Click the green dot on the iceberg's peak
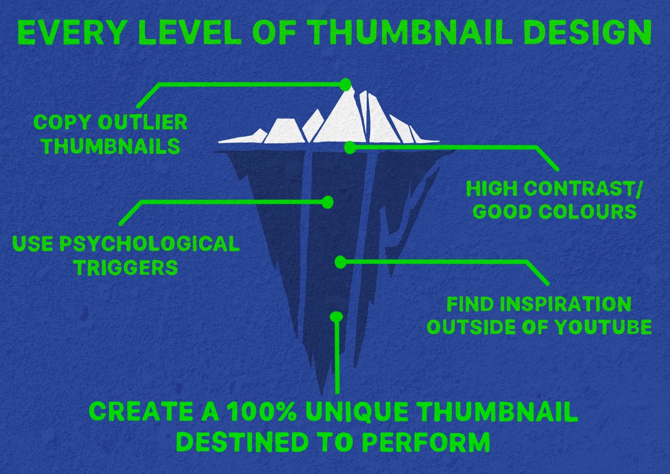pyautogui.click(x=346, y=84)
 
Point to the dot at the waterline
pyautogui.click(x=350, y=148)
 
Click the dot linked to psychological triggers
pyautogui.click(x=328, y=202)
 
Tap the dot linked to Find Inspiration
pyautogui.click(x=339, y=261)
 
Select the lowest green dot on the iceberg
pyautogui.click(x=336, y=316)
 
